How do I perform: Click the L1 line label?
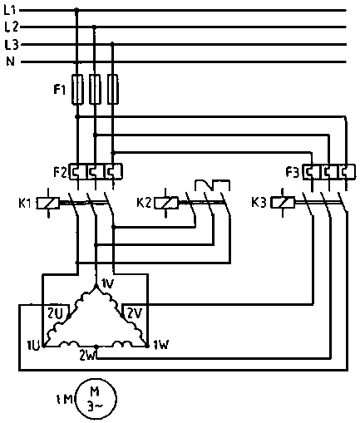tap(10, 11)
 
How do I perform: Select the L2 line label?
tap(12, 27)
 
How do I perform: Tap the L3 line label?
tap(12, 44)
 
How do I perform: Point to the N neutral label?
tap(10, 61)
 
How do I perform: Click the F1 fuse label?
tap(60, 90)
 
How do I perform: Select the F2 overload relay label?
tap(60, 172)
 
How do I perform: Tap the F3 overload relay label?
tap(293, 172)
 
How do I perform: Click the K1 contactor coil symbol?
tap(48, 203)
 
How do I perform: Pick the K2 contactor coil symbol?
tap(166, 203)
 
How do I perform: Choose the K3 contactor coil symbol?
tap(283, 203)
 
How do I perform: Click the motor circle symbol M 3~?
tap(96, 399)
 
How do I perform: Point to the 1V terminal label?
tap(107, 283)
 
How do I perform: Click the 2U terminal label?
tap(55, 313)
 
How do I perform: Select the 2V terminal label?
tap(135, 313)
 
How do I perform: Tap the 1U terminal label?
tap(34, 346)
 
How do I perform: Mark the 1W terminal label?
tap(161, 345)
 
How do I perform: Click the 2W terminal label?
tap(87, 356)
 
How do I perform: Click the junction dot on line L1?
tap(76, 11)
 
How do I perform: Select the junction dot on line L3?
tap(112, 44)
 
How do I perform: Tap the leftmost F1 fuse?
tap(77, 89)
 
